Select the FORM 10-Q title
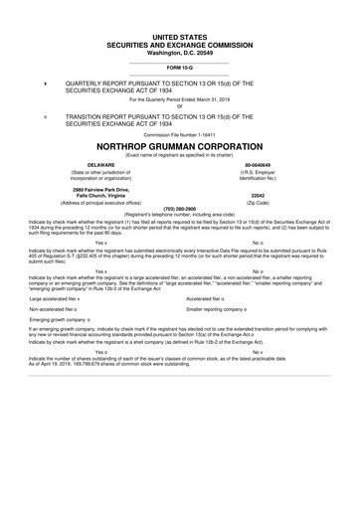pyautogui.click(x=179, y=67)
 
